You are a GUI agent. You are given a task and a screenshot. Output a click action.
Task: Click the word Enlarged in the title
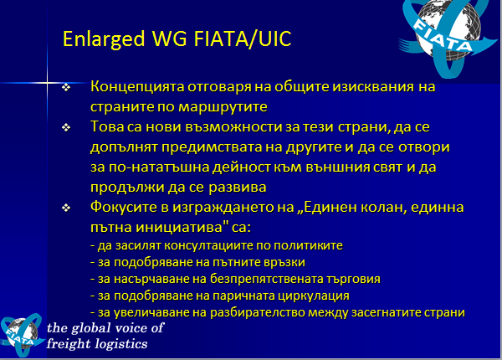coord(104,39)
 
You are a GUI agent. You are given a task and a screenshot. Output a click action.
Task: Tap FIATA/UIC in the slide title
coord(243,39)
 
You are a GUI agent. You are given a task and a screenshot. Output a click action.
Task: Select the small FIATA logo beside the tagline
coord(22,335)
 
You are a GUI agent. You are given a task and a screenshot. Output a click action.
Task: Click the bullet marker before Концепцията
coord(66,87)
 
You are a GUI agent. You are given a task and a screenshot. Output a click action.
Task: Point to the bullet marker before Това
coord(66,127)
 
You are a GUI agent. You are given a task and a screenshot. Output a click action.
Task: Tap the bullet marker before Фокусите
coord(66,208)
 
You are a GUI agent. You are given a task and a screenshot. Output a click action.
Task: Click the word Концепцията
coord(137,87)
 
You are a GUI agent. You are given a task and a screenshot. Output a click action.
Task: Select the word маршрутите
coord(223,107)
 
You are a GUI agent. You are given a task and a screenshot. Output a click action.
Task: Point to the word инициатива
coord(182,228)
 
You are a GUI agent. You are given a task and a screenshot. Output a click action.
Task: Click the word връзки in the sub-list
coord(284,262)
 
